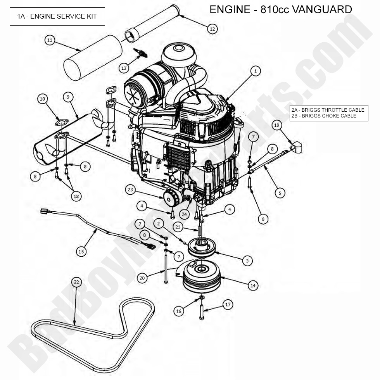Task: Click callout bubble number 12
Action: tap(212, 29)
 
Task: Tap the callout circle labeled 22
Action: tap(76, 282)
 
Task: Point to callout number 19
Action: tap(276, 125)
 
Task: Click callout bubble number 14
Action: tap(253, 285)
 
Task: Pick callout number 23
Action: tap(131, 190)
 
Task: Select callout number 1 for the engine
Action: tap(255, 71)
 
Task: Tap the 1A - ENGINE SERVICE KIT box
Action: tap(57, 16)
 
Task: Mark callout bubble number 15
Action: tap(81, 252)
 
